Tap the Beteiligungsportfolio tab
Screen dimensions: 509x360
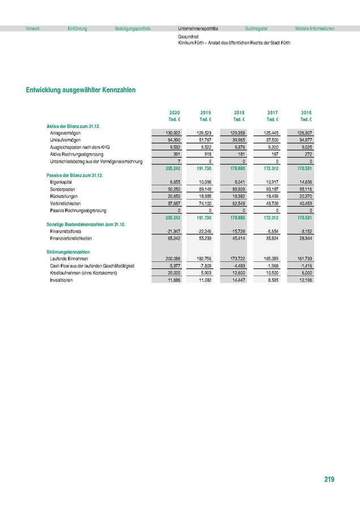(x=132, y=28)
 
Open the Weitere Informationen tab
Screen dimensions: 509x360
(x=315, y=28)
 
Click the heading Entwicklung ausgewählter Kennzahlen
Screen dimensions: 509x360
(x=80, y=89)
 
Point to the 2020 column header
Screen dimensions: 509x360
(x=174, y=113)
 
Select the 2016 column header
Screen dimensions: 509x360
(x=306, y=113)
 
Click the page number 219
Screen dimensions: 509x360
(x=329, y=480)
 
